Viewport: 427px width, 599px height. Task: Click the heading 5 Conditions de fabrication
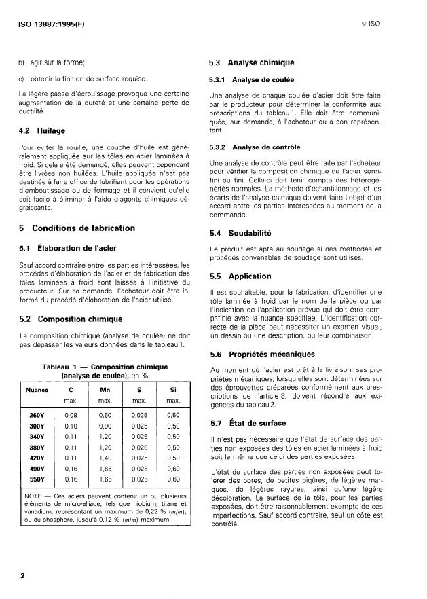(x=77, y=228)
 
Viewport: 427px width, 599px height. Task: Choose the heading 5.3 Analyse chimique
(x=252, y=63)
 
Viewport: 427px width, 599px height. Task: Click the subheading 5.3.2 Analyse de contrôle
(x=256, y=147)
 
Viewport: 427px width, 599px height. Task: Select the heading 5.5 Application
(x=241, y=276)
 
